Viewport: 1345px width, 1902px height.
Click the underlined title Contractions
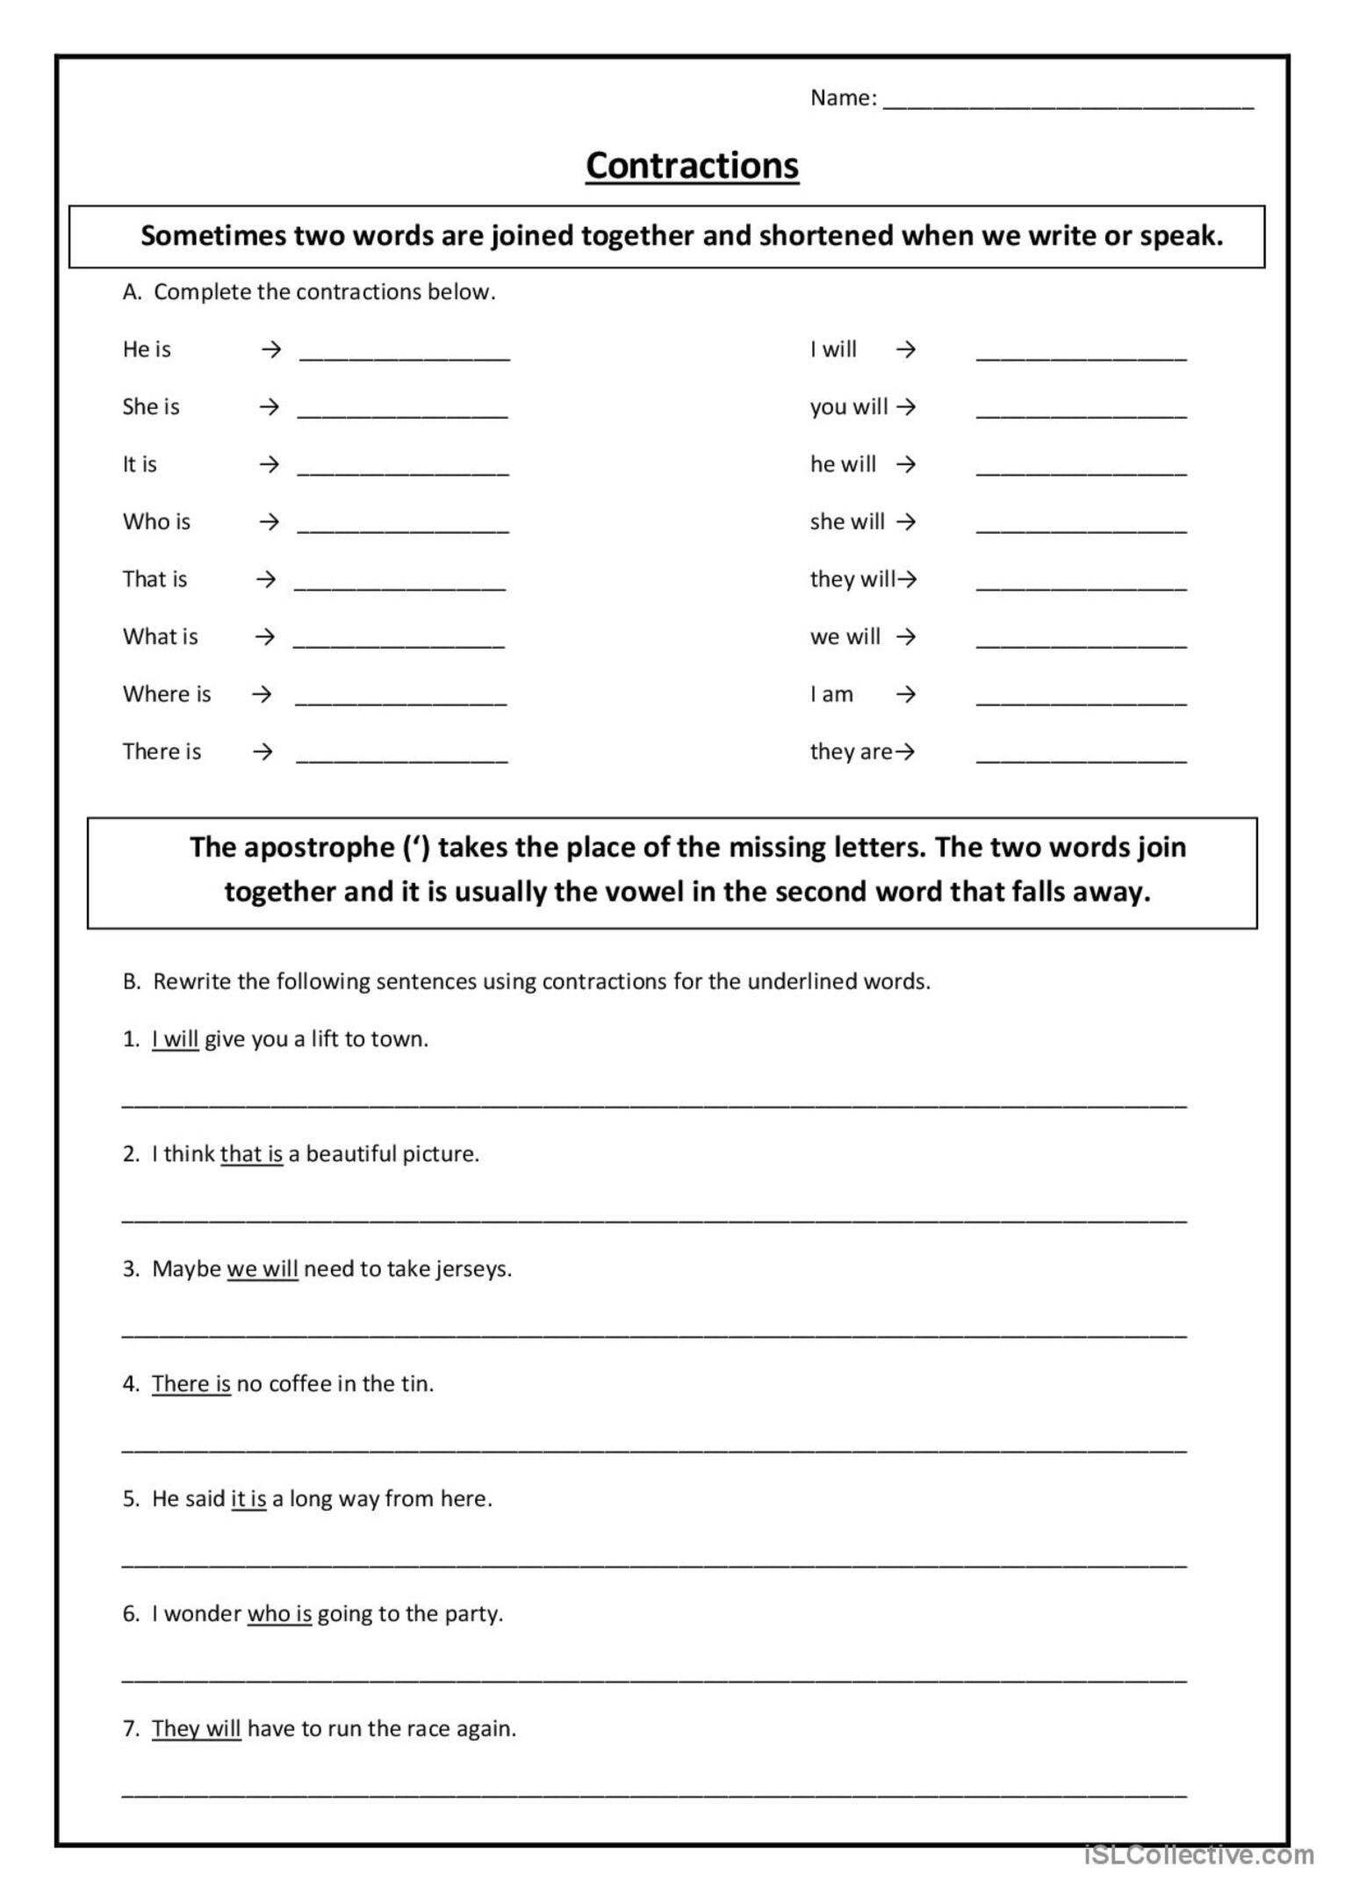point(692,166)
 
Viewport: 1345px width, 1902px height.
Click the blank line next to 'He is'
point(404,355)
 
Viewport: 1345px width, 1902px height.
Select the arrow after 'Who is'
point(269,522)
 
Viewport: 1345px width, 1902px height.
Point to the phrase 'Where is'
point(167,694)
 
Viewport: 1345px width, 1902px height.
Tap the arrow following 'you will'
point(907,407)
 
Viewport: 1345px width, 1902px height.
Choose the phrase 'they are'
point(850,752)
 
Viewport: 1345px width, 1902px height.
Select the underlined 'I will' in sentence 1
point(175,1039)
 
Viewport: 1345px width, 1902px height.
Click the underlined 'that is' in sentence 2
point(251,1154)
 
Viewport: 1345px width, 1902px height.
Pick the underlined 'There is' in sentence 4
point(191,1384)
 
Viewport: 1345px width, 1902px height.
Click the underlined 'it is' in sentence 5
point(248,1499)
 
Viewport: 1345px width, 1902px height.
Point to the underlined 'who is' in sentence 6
point(279,1614)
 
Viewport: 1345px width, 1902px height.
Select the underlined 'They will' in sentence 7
point(196,1729)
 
